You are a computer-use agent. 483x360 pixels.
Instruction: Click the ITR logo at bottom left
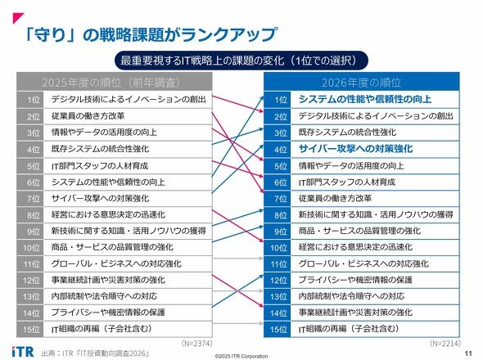pos(23,352)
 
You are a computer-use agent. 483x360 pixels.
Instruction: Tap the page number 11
pos(468,353)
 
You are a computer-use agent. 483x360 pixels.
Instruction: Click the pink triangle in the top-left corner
pos(18,18)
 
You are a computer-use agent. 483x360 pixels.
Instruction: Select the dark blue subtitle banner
pos(241,61)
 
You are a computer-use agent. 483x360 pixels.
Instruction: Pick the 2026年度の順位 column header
pos(362,82)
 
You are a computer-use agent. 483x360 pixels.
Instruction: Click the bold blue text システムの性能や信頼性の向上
pos(365,99)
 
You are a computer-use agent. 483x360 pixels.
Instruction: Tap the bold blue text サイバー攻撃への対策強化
pos(355,149)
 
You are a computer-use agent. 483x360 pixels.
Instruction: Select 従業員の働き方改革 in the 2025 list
pos(88,116)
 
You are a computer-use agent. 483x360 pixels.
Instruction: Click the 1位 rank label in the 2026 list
pos(281,100)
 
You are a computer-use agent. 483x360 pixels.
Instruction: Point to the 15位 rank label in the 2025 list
pos(31,329)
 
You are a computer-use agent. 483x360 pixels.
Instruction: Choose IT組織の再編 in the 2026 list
pos(349,329)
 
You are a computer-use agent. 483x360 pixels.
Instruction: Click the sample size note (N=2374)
pos(196,344)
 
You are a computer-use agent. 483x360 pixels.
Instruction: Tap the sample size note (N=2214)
pos(445,344)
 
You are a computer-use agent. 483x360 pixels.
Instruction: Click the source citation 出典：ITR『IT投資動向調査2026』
pos(96,353)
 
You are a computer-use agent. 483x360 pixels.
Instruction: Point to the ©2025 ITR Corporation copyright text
pos(241,356)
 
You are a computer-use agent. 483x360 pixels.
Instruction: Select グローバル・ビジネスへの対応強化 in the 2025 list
pos(116,263)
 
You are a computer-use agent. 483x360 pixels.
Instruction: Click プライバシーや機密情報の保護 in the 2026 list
pos(355,280)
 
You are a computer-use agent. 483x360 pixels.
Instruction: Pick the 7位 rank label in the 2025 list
pos(34,199)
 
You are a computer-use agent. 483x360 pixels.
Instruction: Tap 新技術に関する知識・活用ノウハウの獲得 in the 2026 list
pos(376,214)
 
